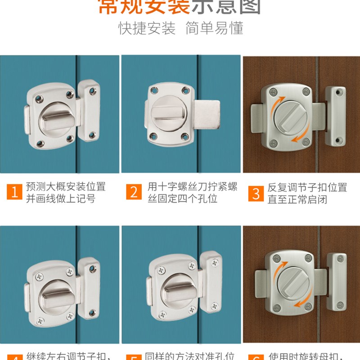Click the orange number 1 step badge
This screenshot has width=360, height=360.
(x=14, y=193)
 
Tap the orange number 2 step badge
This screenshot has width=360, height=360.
(x=134, y=193)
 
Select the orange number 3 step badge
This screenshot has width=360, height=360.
(x=256, y=193)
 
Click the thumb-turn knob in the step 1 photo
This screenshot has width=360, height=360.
(x=53, y=118)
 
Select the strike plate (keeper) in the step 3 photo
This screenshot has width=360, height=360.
(x=335, y=117)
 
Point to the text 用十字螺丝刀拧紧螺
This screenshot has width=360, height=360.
(x=192, y=187)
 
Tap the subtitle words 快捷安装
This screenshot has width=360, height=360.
(x=147, y=28)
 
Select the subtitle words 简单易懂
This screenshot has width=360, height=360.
(x=214, y=28)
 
